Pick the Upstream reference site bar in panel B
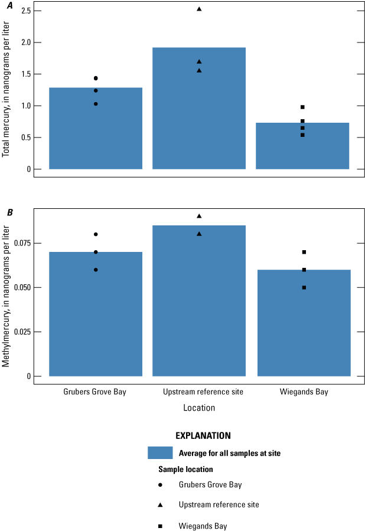pyautogui.click(x=199, y=301)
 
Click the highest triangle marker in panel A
pyautogui.click(x=199, y=9)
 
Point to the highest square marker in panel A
pyautogui.click(x=302, y=107)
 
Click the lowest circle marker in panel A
pyautogui.click(x=96, y=104)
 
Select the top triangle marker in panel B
pyautogui.click(x=199, y=216)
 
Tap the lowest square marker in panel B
pyautogui.click(x=304, y=287)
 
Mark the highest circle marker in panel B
pyautogui.click(x=96, y=234)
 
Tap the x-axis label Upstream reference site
pyautogui.click(x=199, y=392)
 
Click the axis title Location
pyautogui.click(x=199, y=408)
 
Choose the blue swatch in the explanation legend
pyautogui.click(x=160, y=453)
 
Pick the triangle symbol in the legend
pyautogui.click(x=160, y=505)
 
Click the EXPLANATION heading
pyautogui.click(x=203, y=435)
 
